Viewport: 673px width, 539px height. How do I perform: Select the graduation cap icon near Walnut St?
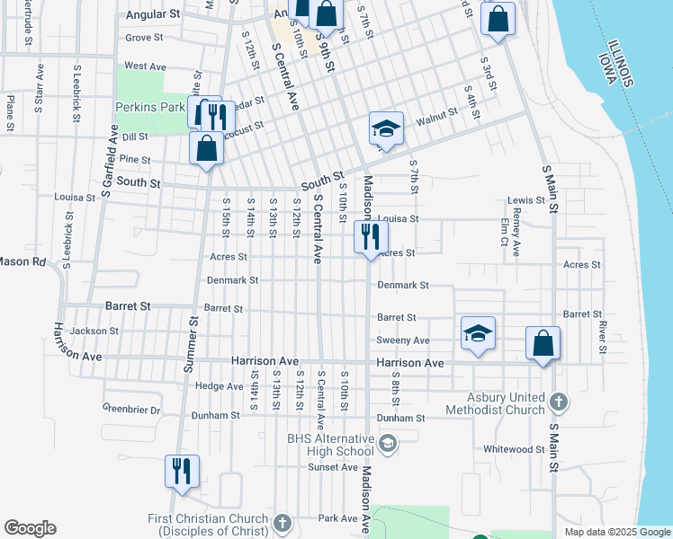tap(386, 129)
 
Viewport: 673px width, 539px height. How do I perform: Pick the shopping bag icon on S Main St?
tap(543, 343)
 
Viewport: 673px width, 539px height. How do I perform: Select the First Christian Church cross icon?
tap(283, 522)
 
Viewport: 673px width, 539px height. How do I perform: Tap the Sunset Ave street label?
tap(334, 467)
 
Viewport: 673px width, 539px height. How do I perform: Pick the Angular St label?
tap(154, 15)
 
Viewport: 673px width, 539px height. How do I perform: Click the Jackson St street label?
tap(94, 331)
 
